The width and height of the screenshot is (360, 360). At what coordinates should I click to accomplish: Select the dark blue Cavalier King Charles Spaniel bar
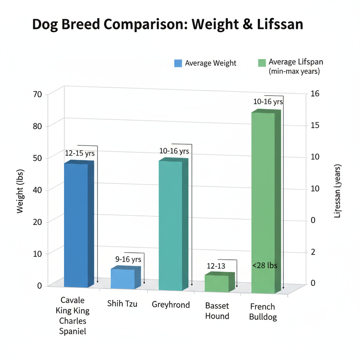click(76, 225)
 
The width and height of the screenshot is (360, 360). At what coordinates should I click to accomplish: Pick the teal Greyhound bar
click(171, 225)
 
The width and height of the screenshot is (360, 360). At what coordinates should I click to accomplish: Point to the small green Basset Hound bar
click(217, 283)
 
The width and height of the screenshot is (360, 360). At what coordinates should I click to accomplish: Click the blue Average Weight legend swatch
click(178, 63)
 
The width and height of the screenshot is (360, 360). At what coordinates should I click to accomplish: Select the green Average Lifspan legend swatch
click(262, 63)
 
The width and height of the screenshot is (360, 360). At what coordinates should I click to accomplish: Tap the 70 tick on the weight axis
click(38, 94)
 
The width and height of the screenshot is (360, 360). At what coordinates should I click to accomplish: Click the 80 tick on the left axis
click(38, 126)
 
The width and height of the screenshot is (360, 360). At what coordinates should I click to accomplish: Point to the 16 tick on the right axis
click(315, 94)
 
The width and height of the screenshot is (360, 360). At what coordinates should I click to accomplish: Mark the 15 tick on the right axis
click(315, 126)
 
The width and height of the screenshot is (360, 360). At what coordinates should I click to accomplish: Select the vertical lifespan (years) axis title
click(337, 192)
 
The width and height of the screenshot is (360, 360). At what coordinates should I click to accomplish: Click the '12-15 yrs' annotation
click(80, 153)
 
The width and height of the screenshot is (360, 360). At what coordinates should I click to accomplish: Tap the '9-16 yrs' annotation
click(128, 259)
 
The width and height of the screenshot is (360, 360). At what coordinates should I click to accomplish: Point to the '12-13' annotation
click(216, 266)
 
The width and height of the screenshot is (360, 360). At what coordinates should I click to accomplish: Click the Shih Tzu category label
click(122, 303)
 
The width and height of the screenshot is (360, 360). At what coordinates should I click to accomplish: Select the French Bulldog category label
click(263, 312)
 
